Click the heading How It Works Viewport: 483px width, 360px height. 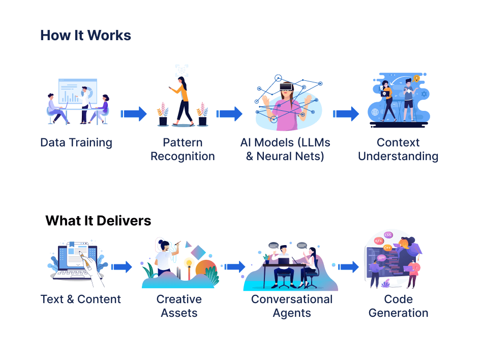(x=85, y=35)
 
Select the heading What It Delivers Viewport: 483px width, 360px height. (x=98, y=221)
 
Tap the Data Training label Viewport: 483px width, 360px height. (x=76, y=142)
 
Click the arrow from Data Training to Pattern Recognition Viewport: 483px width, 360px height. (x=133, y=113)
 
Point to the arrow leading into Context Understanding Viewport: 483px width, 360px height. (x=346, y=113)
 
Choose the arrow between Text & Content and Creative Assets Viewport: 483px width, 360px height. (x=122, y=266)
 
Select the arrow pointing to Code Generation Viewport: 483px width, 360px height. (x=349, y=266)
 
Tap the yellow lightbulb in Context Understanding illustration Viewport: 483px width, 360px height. (x=416, y=78)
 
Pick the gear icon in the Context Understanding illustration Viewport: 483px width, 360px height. (x=424, y=95)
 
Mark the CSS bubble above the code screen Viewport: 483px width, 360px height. (x=388, y=235)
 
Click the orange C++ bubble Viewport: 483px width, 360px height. (x=387, y=248)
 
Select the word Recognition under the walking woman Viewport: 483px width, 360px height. (x=183, y=156)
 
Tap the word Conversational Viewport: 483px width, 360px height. (x=292, y=299)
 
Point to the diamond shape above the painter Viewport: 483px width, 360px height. (x=200, y=252)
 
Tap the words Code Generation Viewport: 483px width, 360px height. (x=398, y=306)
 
